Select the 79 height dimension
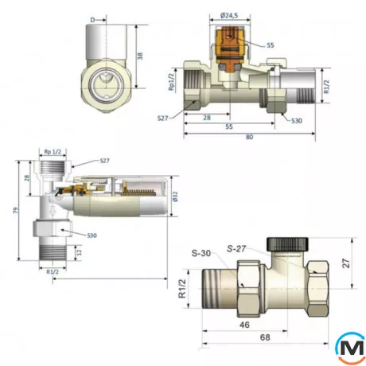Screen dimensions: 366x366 pos(15,211)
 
